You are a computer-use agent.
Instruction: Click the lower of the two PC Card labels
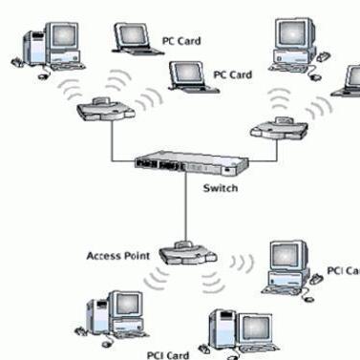(x=231, y=74)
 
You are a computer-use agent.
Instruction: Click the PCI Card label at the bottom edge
(x=168, y=354)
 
